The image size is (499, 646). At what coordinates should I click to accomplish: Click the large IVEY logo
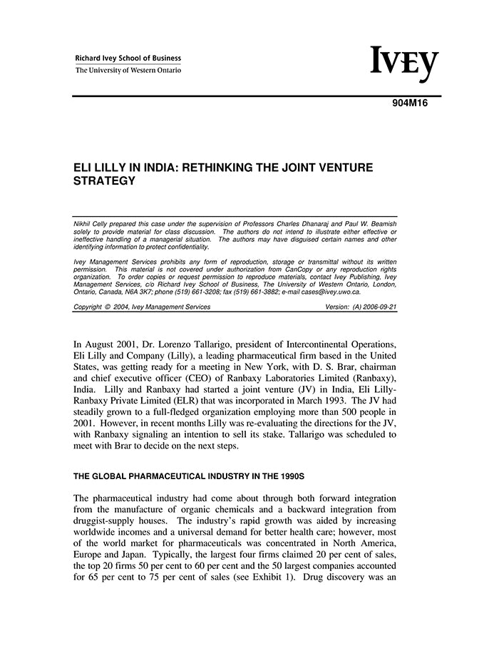(403, 64)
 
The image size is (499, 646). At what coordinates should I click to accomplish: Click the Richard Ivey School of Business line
(128, 58)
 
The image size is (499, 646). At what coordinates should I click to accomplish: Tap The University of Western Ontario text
(128, 70)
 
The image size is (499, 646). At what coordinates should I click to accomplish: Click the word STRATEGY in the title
(105, 181)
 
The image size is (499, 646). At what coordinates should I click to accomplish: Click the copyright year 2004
(126, 307)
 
